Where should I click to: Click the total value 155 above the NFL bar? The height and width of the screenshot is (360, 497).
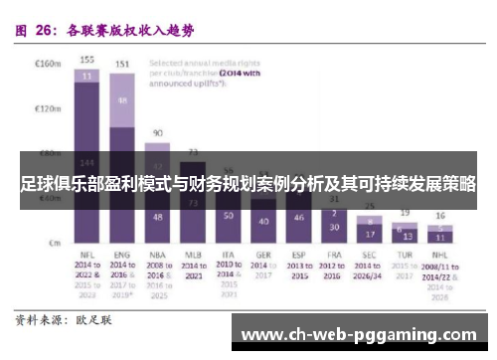point(87,60)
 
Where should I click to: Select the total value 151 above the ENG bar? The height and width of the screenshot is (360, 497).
point(122,65)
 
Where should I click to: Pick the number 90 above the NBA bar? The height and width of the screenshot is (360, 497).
point(156,132)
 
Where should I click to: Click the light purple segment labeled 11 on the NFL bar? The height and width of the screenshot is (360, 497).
point(87,75)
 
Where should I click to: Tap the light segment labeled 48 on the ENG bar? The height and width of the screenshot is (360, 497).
point(122,101)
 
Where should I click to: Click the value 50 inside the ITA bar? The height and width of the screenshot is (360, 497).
point(228,215)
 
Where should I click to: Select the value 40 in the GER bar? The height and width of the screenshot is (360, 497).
point(262,221)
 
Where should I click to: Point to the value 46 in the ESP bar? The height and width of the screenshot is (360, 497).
point(298,217)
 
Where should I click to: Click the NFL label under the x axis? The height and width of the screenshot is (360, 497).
point(87,256)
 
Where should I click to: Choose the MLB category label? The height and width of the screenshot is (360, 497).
point(192,256)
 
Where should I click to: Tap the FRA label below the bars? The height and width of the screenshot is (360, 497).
point(334,256)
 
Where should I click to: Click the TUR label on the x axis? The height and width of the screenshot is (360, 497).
point(404,256)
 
